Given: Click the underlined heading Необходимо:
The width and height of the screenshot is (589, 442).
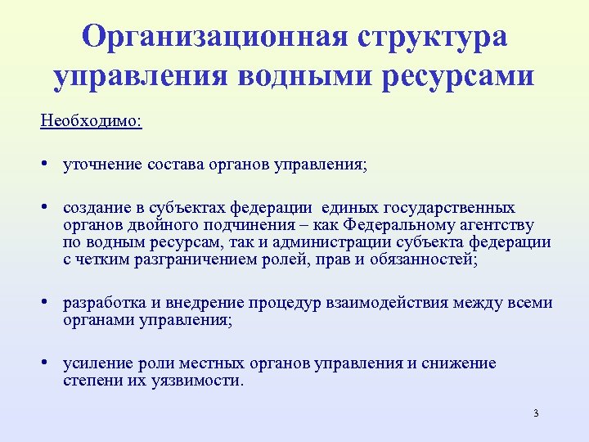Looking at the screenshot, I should click(91, 120).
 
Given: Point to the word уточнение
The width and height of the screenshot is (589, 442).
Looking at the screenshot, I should click(101, 165).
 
